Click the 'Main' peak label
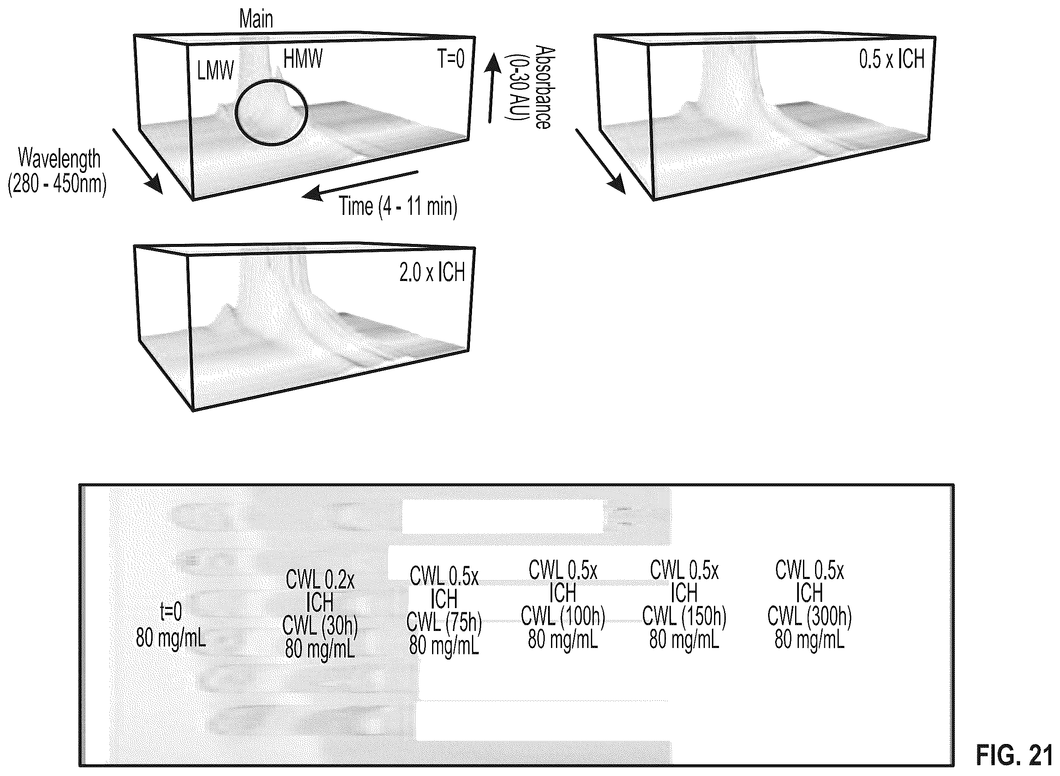pos(256,19)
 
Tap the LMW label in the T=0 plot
pos(215,71)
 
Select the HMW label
pos(303,59)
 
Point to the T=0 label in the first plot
pos(451,59)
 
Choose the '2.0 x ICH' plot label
pos(432,272)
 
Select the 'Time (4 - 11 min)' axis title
pos(398,206)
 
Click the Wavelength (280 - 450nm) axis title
pos(57,171)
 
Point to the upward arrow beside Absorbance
pos(492,88)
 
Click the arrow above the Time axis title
pos(359,185)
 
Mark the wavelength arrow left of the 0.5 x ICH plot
pos(600,161)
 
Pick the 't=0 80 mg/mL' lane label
pos(170,625)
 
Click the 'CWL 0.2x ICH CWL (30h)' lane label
pos(319,615)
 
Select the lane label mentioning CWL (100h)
pos(563,606)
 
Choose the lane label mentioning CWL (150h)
pos(684,606)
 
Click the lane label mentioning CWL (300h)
pos(810,606)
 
